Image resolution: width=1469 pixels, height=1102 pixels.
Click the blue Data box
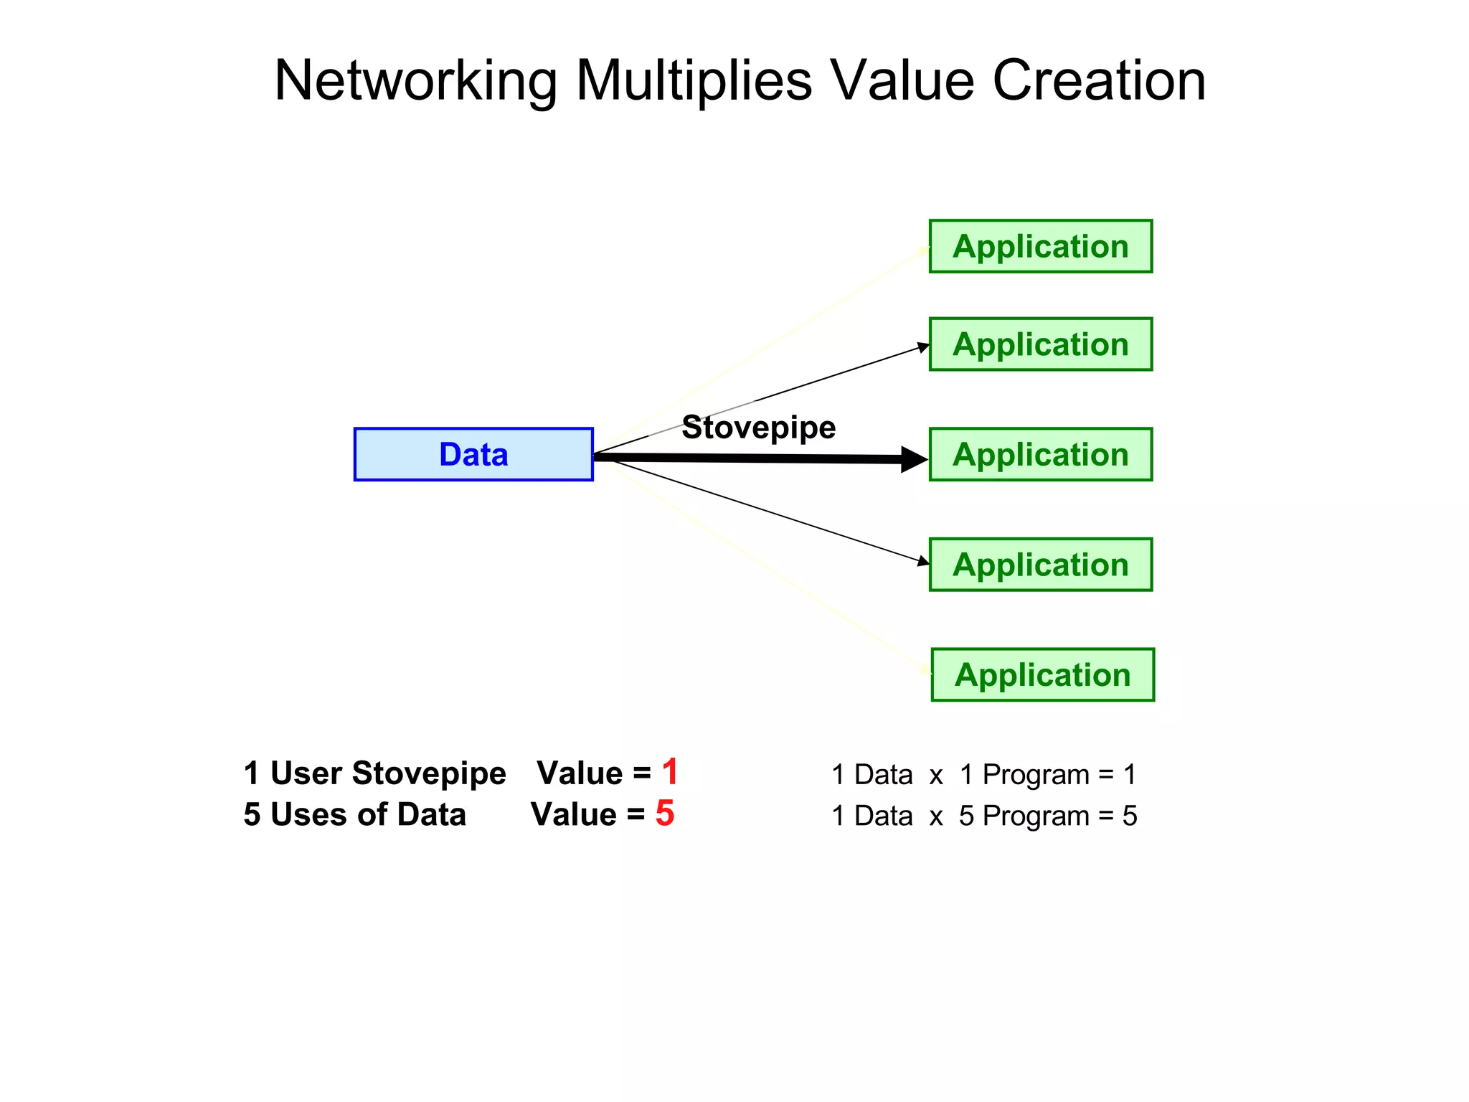(x=473, y=454)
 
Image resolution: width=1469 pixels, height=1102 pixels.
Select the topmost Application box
(x=1040, y=246)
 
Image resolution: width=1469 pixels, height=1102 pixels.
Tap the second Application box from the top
(x=1040, y=344)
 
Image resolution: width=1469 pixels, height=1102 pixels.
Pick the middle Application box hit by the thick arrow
(x=1040, y=454)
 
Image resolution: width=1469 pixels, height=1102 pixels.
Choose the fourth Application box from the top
(x=1040, y=565)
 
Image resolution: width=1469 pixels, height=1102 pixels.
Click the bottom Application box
(x=1042, y=674)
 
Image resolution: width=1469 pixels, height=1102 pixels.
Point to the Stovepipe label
(x=758, y=428)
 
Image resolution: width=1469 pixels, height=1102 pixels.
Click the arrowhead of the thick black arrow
(x=914, y=459)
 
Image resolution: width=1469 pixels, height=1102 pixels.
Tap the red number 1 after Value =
(x=670, y=772)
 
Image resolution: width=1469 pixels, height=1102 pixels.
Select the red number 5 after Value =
(x=665, y=814)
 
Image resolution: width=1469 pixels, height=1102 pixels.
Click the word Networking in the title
(x=416, y=80)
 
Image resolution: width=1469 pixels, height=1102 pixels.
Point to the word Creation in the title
(x=1099, y=80)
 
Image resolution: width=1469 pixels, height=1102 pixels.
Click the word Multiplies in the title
(x=694, y=80)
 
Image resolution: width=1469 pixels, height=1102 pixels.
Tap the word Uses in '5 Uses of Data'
(x=309, y=815)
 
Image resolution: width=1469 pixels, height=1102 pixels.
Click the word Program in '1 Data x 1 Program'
(x=1036, y=775)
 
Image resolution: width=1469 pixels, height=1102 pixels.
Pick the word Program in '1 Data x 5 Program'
(x=1036, y=816)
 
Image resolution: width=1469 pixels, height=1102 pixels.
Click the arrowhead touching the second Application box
(x=923, y=348)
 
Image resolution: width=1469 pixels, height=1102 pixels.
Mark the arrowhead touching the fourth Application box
(x=923, y=561)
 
